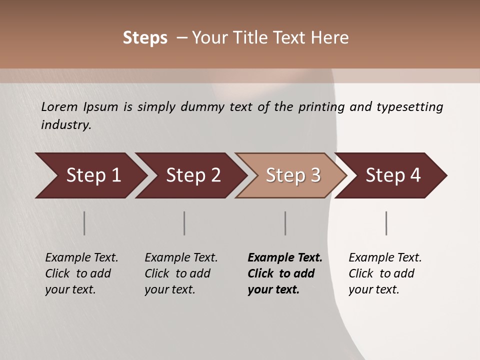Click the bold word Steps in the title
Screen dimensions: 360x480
[x=145, y=38]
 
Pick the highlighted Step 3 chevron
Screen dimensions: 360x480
[x=291, y=175]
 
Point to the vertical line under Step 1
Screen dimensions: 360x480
[x=84, y=223]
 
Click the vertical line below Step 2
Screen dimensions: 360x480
[x=184, y=223]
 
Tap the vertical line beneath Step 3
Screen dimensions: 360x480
[x=285, y=223]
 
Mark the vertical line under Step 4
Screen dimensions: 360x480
[x=386, y=223]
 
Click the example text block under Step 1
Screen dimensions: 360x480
[x=81, y=273]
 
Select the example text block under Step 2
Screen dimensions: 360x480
[x=181, y=273]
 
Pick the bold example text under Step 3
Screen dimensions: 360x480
[x=284, y=273]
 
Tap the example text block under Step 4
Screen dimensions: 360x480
[x=385, y=273]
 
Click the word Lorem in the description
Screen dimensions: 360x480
[x=58, y=107]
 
